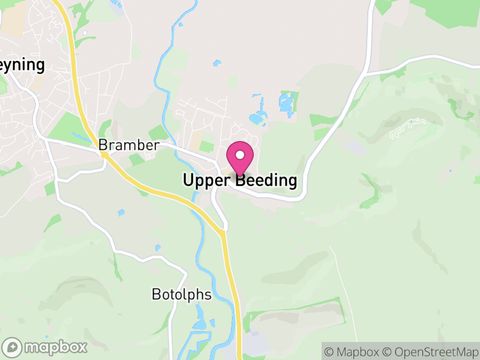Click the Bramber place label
(x=128, y=145)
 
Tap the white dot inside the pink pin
(x=240, y=155)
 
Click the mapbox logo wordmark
(x=55, y=347)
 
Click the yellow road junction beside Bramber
(x=104, y=155)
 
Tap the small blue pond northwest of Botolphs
(x=158, y=247)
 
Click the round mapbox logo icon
(x=13, y=347)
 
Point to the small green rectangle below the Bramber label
(x=136, y=160)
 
